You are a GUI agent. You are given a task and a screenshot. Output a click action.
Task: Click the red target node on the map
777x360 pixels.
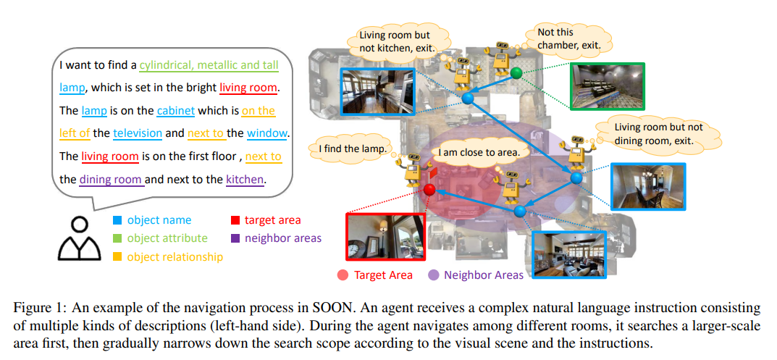click(x=429, y=189)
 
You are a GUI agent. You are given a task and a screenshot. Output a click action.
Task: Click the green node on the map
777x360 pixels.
click(x=516, y=73)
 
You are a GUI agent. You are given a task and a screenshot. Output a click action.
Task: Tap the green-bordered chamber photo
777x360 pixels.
click(x=607, y=85)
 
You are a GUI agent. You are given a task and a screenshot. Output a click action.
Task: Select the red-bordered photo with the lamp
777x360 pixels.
click(x=385, y=237)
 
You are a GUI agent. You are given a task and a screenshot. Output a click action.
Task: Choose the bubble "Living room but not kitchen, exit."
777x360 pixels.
click(x=397, y=43)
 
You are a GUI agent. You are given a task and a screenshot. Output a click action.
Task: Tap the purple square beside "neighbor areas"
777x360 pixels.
click(x=235, y=238)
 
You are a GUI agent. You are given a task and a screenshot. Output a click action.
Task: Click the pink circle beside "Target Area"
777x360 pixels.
click(x=342, y=275)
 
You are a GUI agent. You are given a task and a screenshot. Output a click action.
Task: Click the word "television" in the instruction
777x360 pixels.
click(x=138, y=133)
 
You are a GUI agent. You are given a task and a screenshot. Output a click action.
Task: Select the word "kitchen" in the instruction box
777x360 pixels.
click(x=244, y=179)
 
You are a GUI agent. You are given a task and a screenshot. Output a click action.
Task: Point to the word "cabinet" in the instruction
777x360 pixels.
click(x=176, y=111)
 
